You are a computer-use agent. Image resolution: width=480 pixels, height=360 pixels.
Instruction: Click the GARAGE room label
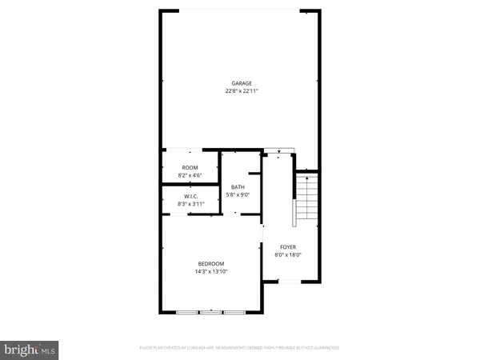242,83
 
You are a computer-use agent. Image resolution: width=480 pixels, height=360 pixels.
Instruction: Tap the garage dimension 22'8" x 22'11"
242,91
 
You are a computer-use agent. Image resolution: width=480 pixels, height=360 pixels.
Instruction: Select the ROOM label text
190,167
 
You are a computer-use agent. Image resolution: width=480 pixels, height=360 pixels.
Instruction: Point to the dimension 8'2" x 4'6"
190,174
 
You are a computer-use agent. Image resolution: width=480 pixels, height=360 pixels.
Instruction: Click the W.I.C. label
191,197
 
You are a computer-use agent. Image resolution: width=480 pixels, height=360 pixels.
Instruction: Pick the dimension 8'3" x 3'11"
191,204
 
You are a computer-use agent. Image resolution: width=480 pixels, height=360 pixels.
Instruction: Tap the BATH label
239,186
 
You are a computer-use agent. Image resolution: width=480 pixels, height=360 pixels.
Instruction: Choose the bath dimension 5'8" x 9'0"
239,194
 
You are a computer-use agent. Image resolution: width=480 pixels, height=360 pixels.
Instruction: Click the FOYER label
288,247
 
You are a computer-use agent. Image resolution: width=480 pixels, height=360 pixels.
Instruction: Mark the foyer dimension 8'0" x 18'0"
288,255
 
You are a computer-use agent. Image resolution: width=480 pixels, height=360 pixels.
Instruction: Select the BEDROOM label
211,264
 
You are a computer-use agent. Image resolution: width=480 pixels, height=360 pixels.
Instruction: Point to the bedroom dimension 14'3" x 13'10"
211,272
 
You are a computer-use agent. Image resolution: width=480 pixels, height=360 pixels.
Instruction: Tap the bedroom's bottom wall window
212,310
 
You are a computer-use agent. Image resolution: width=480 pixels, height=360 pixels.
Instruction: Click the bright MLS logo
30,348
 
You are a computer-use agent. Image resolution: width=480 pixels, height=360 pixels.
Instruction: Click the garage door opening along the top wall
242,10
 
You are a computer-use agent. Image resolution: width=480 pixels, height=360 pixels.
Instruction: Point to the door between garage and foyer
280,150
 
